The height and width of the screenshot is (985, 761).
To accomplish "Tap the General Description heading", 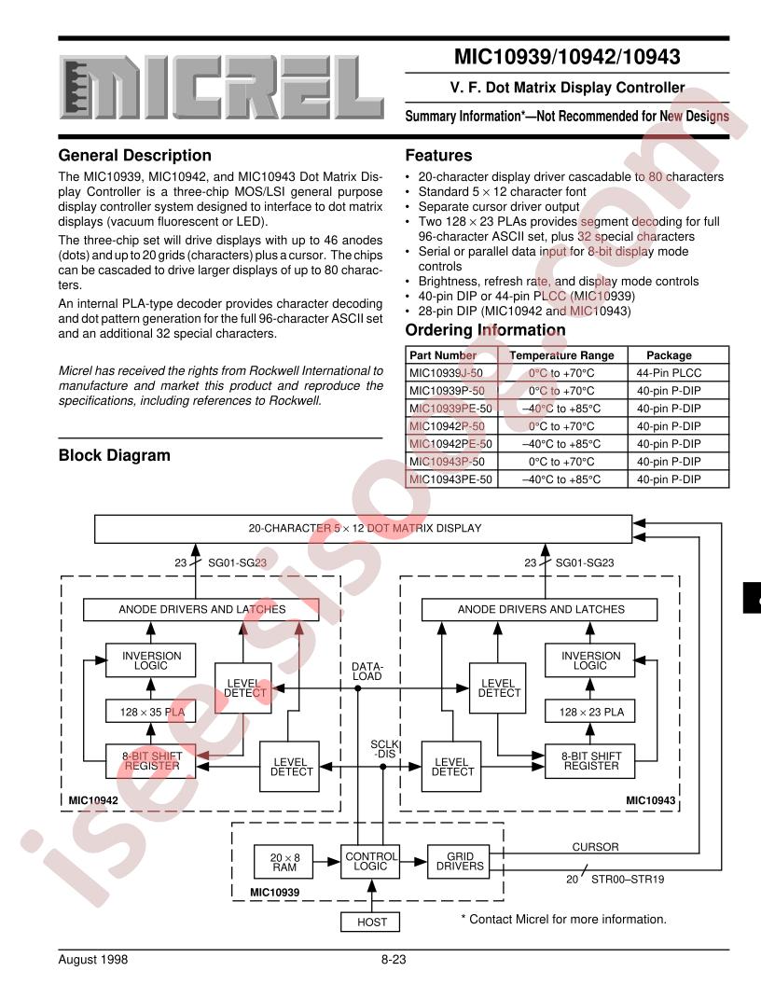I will (x=134, y=156).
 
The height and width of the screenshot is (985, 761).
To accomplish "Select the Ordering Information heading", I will (x=486, y=330).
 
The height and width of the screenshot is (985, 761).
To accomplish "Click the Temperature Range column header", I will (x=561, y=355).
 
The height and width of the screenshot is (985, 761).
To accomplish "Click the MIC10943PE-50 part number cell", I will (x=451, y=479).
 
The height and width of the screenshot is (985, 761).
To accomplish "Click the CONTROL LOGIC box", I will (x=372, y=861).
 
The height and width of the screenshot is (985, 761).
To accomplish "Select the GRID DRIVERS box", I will (x=457, y=861).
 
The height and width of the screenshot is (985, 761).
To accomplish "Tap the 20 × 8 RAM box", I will (x=283, y=861).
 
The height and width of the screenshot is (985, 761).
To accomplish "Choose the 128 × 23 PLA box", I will (x=591, y=712).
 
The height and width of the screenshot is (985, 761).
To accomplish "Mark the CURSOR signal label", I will (x=596, y=846).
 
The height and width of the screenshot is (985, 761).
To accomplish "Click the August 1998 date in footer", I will (x=92, y=958).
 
